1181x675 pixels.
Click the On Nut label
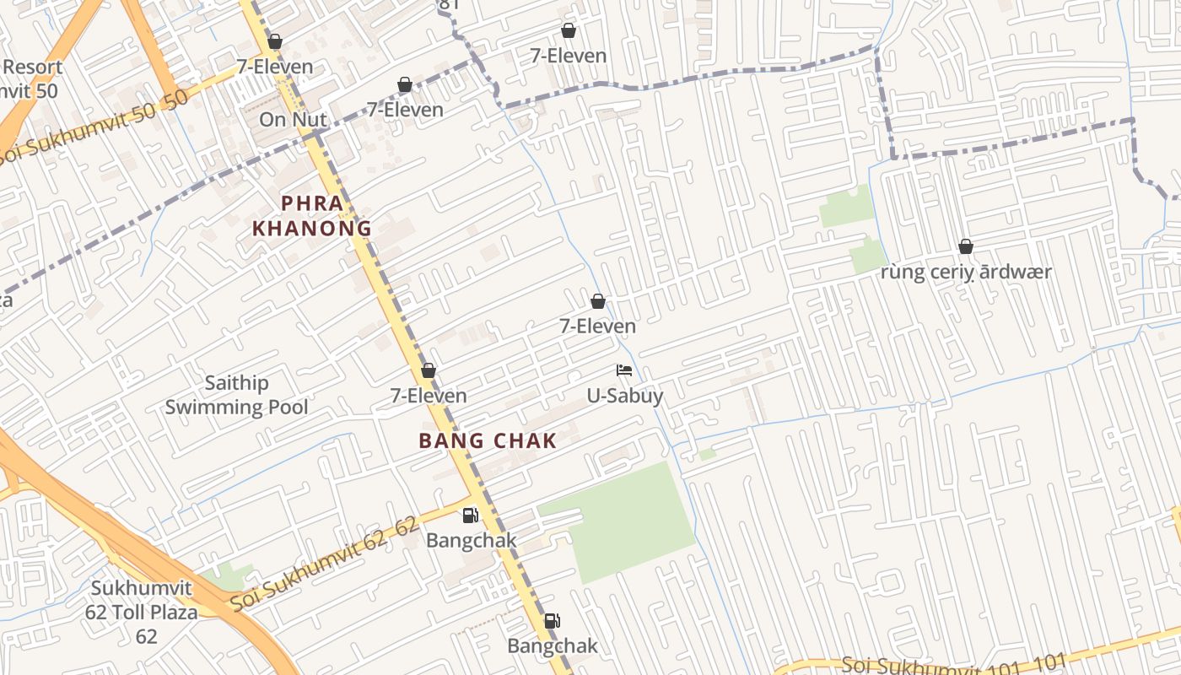pos(293,120)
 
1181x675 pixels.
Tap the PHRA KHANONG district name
pos(312,215)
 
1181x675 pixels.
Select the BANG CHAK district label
pos(488,440)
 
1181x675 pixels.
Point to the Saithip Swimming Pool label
pos(236,395)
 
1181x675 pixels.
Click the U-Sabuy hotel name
pos(625,396)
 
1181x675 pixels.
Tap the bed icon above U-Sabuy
pos(624,370)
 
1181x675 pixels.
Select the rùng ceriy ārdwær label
pos(966,272)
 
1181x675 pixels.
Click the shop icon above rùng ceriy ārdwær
pos(966,246)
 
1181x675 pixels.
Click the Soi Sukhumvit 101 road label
pos(953,665)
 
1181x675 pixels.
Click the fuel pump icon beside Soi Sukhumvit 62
pos(470,515)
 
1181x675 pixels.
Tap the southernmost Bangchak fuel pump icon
pos(552,621)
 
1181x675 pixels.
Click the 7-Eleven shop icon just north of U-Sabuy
pos(598,301)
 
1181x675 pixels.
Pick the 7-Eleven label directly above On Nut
pos(274,67)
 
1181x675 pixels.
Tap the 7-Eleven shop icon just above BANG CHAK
pos(429,370)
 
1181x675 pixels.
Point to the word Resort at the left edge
pos(32,67)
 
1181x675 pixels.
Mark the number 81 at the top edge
pos(449,4)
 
